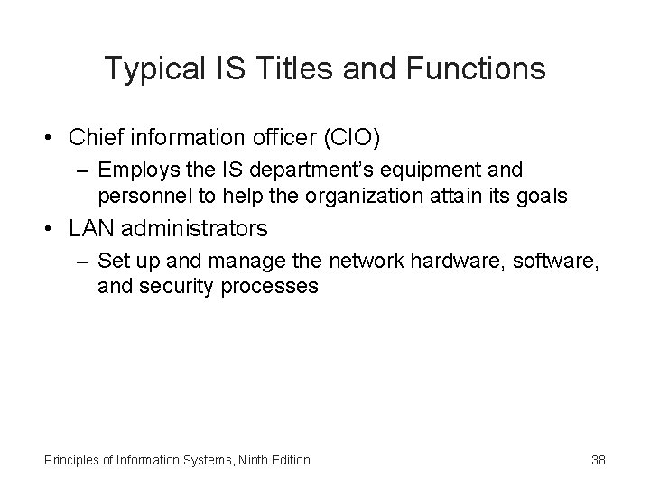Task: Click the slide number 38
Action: pyautogui.click(x=598, y=460)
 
